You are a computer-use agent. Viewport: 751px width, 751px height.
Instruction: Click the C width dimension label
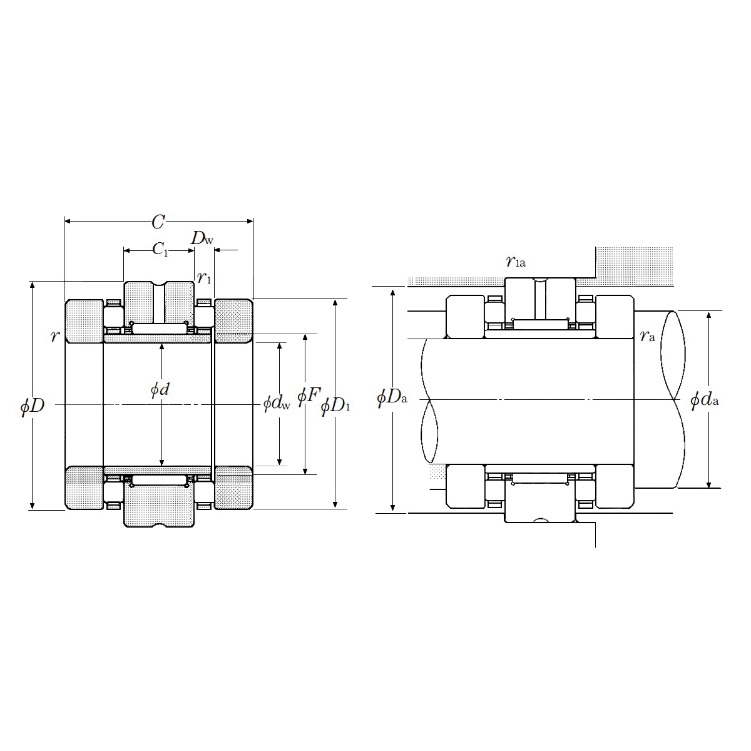(158, 222)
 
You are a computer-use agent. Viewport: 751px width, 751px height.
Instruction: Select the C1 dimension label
(160, 249)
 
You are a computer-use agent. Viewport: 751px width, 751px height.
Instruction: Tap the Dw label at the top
(202, 238)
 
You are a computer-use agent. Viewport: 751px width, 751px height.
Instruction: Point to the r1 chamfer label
(204, 277)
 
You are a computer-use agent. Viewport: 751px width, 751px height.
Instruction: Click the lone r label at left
(54, 335)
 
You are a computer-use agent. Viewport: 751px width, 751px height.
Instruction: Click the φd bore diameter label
(160, 389)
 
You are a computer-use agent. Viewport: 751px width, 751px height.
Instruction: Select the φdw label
(277, 403)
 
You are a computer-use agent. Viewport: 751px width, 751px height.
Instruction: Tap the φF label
(309, 396)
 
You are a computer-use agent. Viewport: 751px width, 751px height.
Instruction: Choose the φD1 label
(335, 407)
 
